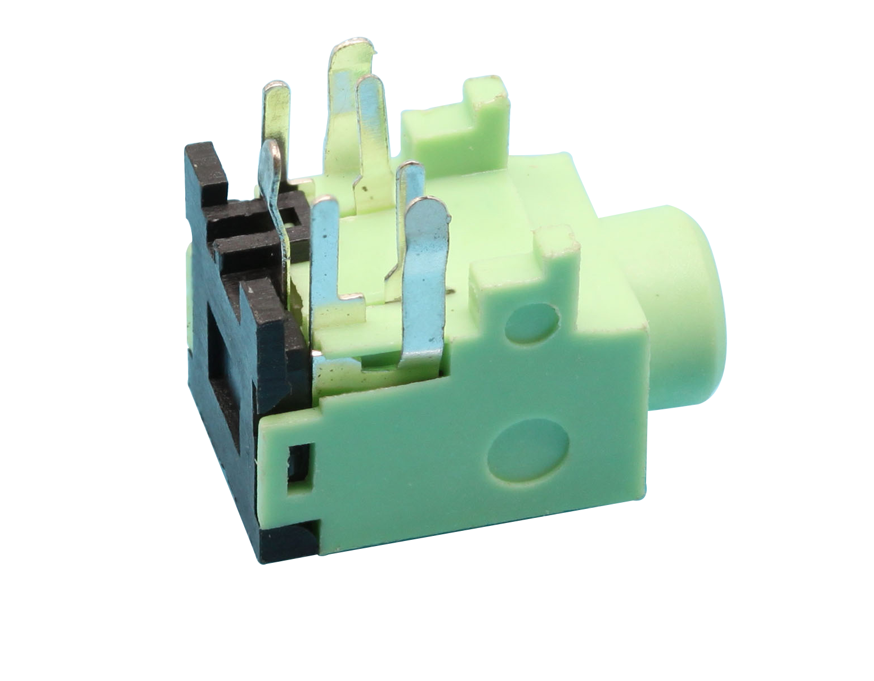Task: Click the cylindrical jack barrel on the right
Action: coord(684,304)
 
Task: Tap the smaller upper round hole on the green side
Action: coord(532,323)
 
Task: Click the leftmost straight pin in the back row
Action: coord(277,112)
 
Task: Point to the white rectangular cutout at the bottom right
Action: coord(664,549)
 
